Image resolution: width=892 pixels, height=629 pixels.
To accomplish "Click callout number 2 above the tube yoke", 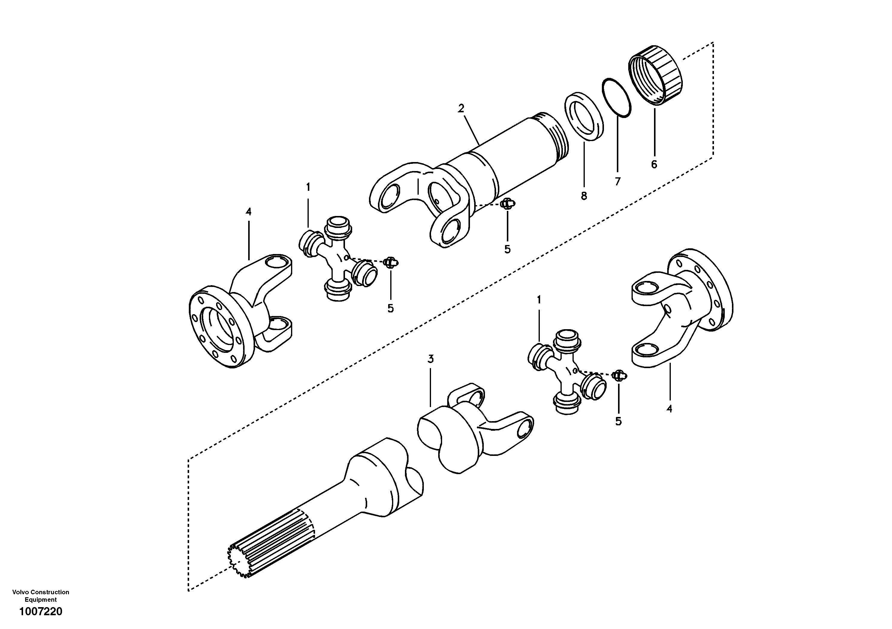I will click(461, 108).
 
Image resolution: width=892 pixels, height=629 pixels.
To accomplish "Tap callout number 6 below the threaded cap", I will click(654, 164).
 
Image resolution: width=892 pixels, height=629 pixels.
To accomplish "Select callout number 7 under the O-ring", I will click(618, 181).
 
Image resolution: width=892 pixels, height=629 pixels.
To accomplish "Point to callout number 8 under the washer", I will click(584, 196).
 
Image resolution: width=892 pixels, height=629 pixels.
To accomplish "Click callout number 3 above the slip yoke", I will click(430, 359).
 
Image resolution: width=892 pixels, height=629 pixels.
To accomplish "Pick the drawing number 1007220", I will click(41, 612).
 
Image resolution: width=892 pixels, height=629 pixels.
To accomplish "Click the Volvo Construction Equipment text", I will click(41, 596).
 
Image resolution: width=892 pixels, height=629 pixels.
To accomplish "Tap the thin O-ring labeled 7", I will click(617, 97).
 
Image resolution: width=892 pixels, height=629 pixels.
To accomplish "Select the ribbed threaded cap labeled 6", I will click(656, 76).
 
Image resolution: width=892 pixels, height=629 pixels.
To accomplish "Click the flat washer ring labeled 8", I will click(584, 117).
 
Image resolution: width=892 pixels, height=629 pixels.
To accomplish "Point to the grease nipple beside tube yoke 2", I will click(507, 203).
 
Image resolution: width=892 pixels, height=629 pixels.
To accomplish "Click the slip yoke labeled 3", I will click(470, 431).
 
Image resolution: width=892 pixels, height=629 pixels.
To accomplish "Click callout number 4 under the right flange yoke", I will click(669, 409).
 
